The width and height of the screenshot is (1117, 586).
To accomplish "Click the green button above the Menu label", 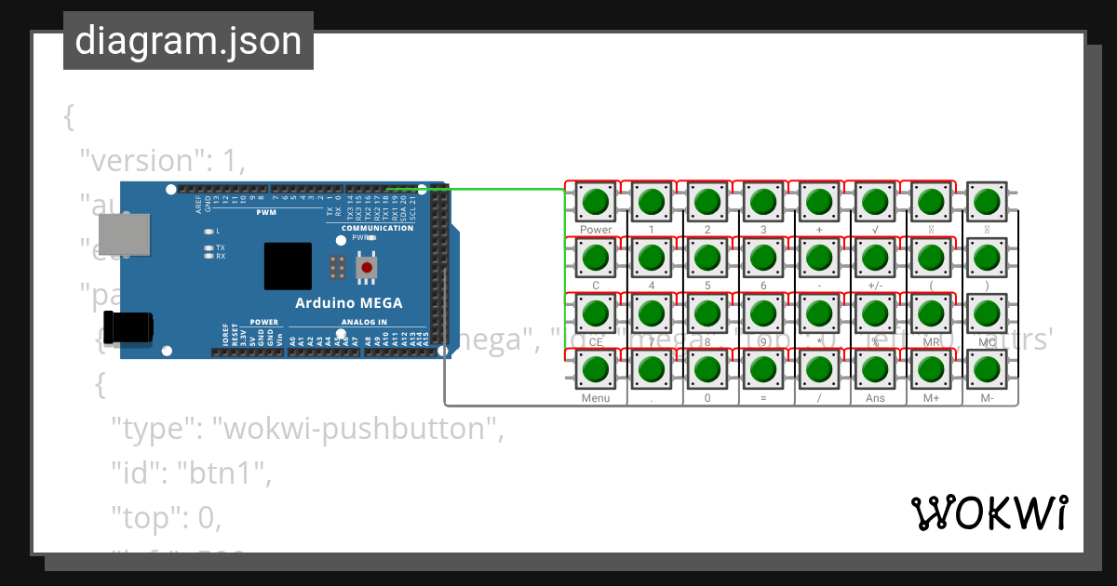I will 596,369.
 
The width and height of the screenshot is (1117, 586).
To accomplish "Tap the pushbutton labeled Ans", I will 875,369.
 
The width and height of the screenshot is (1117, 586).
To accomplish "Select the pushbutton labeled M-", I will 987,369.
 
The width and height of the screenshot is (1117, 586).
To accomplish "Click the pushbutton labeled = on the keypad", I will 763,369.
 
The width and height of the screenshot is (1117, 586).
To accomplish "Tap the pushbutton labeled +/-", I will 875,257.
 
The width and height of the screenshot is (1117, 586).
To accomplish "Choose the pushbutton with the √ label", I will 875,201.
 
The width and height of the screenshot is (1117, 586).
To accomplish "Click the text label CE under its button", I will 596,342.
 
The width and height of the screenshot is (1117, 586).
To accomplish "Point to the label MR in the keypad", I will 931,342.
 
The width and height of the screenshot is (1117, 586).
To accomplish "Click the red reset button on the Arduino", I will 367,268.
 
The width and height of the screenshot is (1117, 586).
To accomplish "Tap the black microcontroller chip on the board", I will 288,266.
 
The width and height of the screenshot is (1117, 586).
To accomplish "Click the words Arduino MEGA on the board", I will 348,302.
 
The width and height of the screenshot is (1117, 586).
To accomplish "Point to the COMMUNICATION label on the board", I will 377,228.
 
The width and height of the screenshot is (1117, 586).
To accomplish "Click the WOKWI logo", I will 989,513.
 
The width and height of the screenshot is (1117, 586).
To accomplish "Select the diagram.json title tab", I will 188,41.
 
